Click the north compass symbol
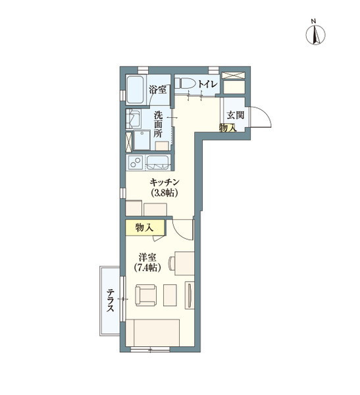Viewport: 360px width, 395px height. (x=315, y=35)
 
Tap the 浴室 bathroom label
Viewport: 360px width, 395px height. (x=157, y=89)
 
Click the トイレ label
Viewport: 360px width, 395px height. (x=207, y=84)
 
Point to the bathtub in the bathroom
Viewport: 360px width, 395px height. (x=136, y=90)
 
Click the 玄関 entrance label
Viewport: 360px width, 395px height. (x=236, y=115)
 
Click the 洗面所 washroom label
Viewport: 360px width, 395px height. (x=158, y=124)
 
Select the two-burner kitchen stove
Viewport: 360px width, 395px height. (x=136, y=162)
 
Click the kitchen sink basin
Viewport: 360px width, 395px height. (x=158, y=163)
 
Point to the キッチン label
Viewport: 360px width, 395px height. (x=164, y=182)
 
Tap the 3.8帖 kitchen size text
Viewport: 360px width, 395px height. (x=165, y=193)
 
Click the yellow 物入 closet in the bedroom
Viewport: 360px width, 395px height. (x=145, y=228)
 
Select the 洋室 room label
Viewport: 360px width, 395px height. (x=147, y=257)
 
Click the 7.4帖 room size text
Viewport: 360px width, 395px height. (x=147, y=267)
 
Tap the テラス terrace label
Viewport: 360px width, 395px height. (x=110, y=300)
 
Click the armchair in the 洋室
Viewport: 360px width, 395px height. (x=146, y=295)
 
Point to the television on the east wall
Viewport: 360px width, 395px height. (x=190, y=295)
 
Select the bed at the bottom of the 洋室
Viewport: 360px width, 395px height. (x=153, y=333)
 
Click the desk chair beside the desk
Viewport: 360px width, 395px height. (x=172, y=263)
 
